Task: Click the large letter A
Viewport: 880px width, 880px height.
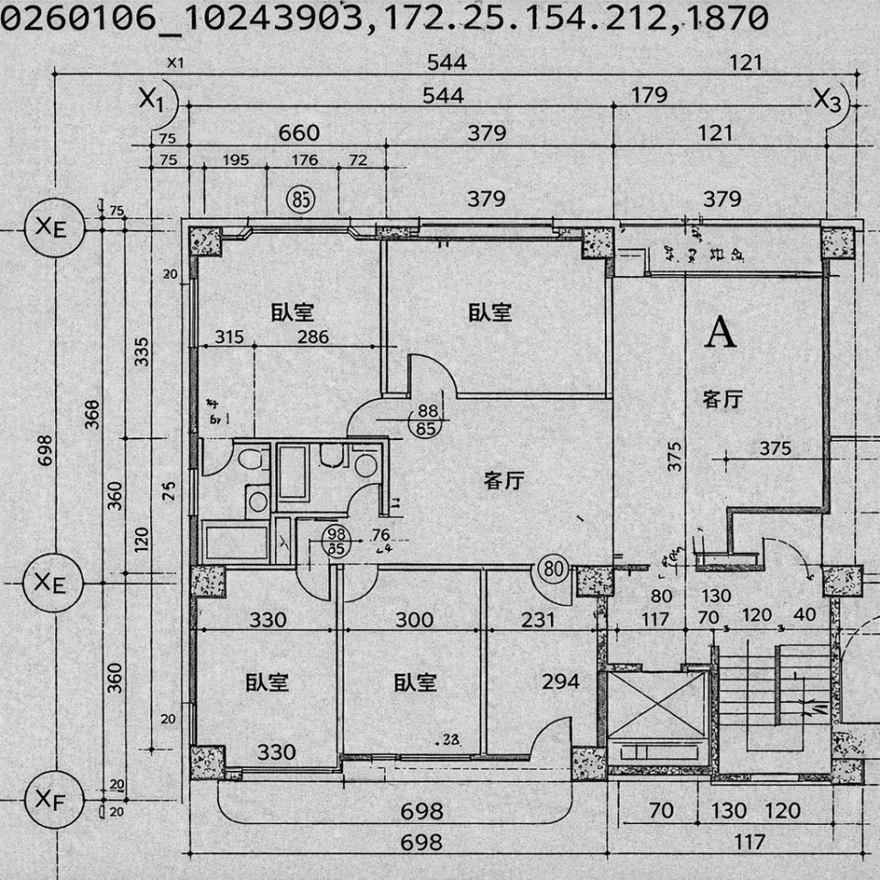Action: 721,333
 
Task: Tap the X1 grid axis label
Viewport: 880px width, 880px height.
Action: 152,99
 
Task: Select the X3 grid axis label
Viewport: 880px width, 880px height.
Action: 827,100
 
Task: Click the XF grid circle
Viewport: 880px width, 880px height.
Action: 51,799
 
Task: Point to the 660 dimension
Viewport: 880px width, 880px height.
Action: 299,133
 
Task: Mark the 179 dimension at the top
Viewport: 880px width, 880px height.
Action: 649,95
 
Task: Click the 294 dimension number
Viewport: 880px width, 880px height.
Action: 561,681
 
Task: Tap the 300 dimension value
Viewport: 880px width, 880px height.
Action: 413,620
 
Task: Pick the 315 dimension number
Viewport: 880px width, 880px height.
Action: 229,336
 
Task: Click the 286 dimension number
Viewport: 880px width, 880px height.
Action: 313,336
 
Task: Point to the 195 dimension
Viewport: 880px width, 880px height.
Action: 236,160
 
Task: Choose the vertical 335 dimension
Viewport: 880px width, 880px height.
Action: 142,351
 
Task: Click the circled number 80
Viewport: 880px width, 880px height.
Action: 554,569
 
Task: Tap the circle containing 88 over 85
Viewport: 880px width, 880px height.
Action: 426,419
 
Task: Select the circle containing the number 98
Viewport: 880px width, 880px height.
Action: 336,542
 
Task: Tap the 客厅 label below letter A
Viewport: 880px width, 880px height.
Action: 722,399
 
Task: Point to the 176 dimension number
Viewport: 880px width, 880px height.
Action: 304,160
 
